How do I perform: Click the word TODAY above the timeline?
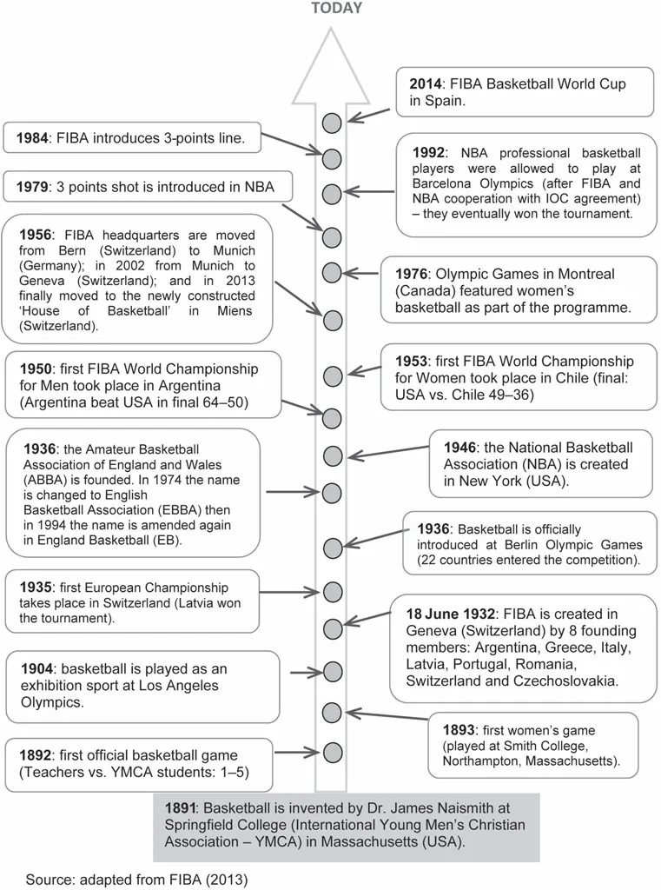(x=337, y=9)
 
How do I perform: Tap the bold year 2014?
(x=426, y=84)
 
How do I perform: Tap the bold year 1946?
(x=459, y=448)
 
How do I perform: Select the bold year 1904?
(x=36, y=669)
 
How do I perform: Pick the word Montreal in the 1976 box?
(x=581, y=274)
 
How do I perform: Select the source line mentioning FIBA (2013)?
(x=136, y=880)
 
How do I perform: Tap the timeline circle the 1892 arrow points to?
(x=332, y=751)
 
